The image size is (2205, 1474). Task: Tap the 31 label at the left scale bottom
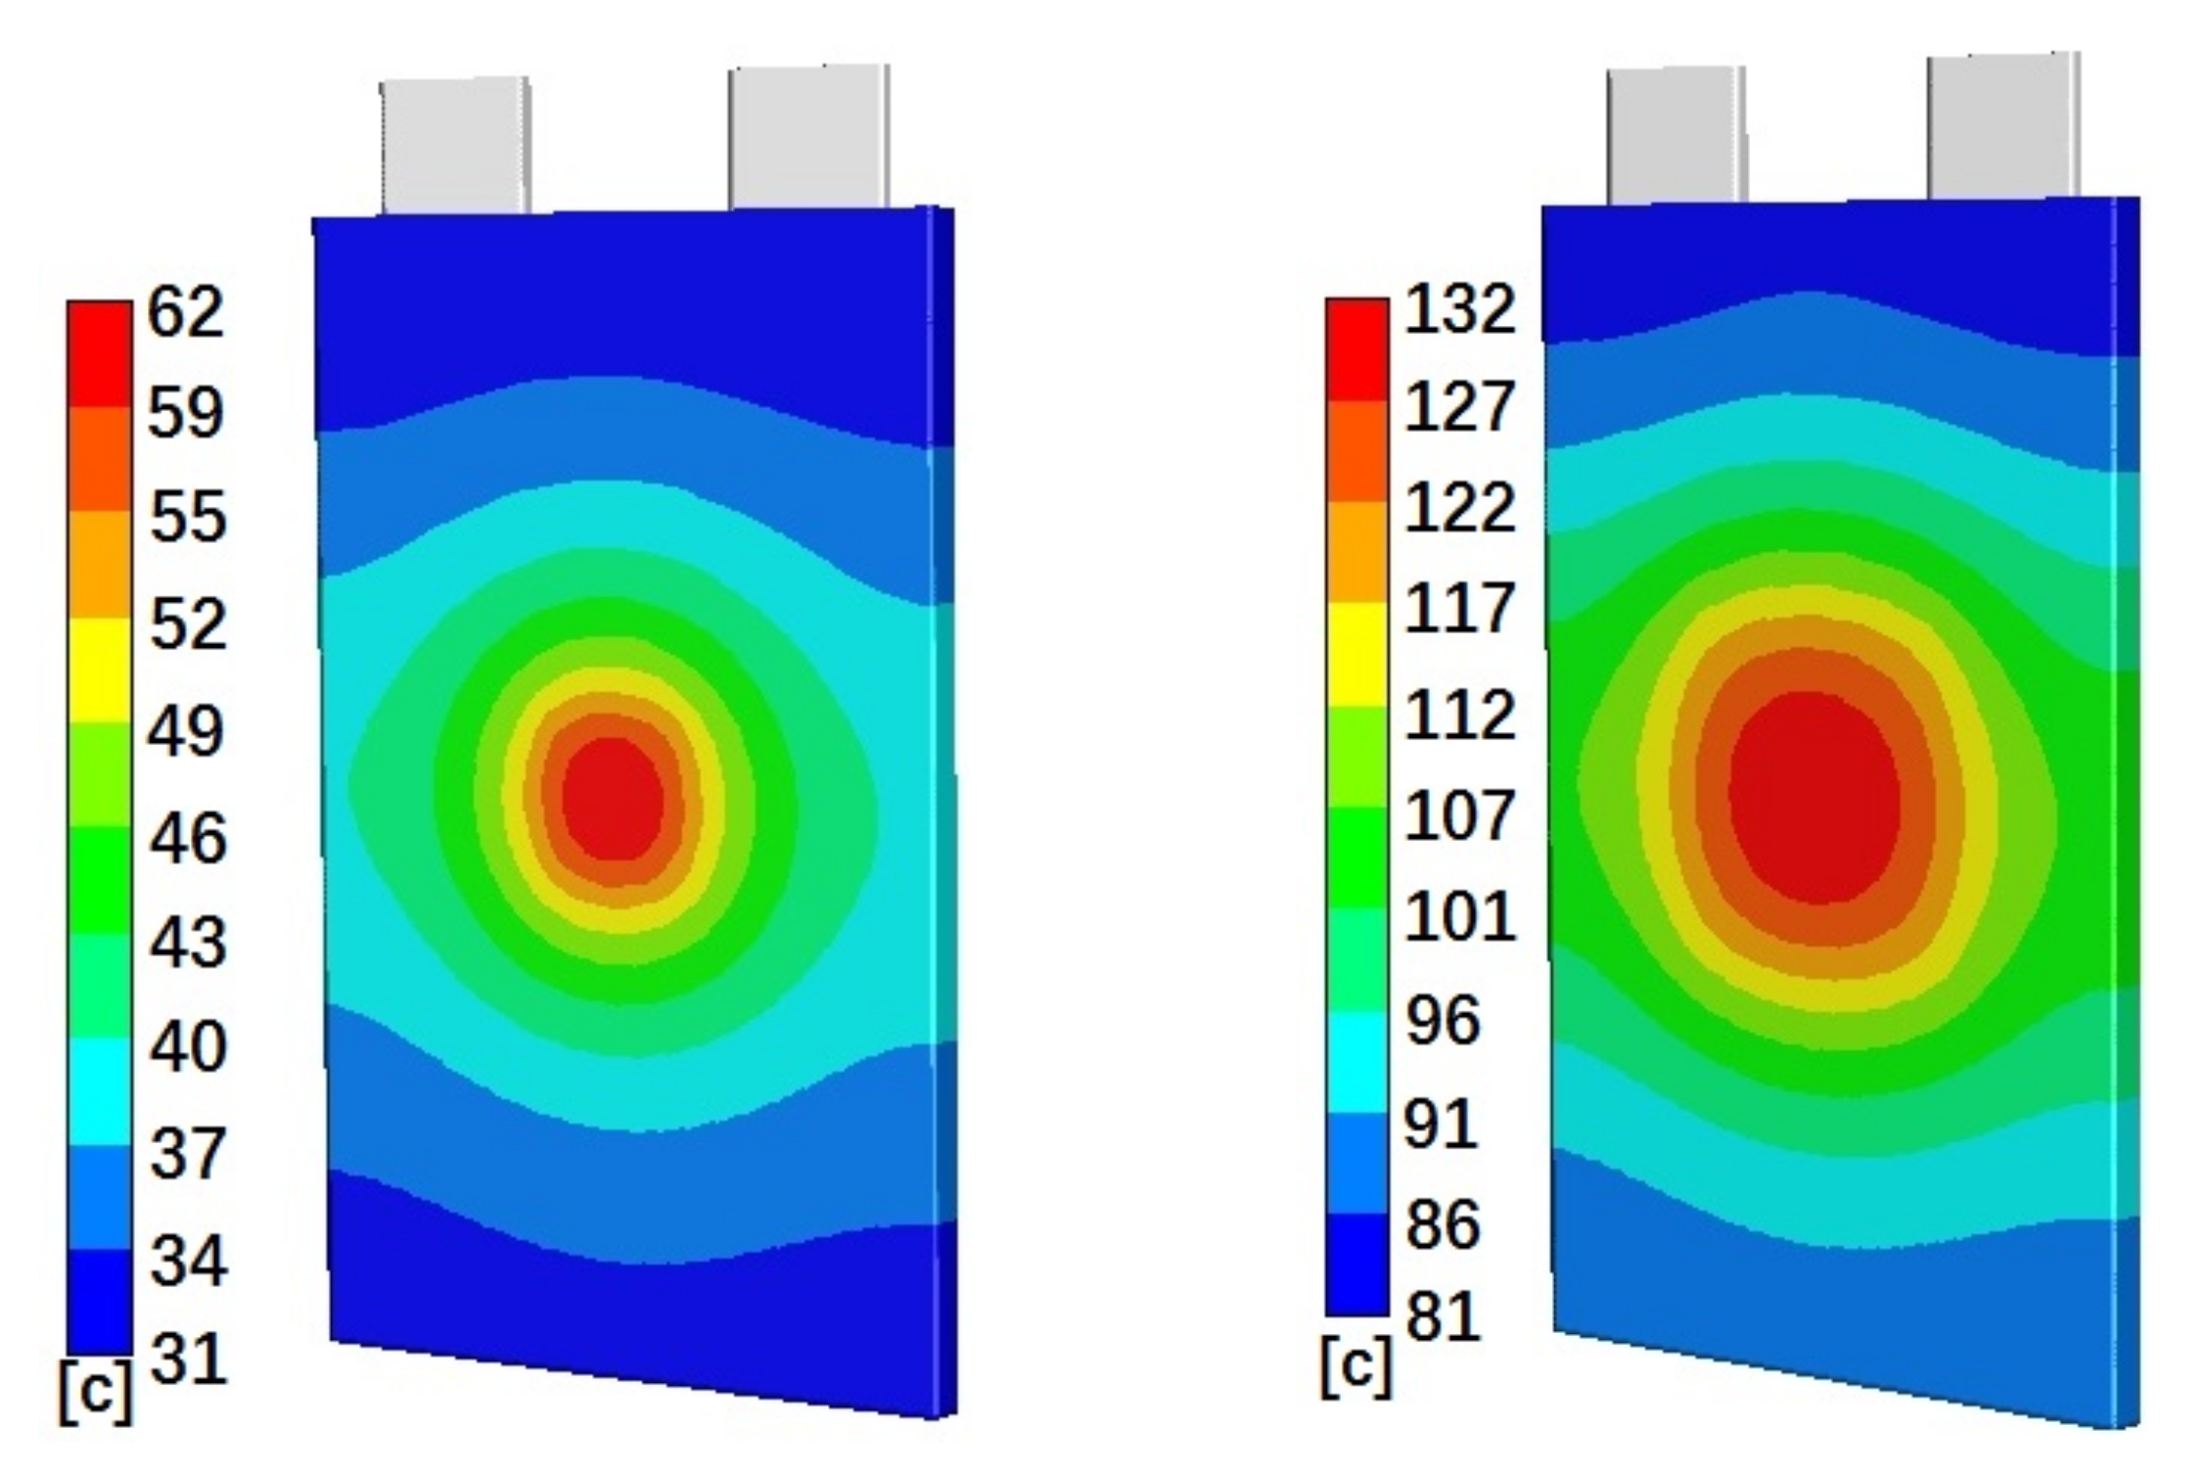(x=188, y=1358)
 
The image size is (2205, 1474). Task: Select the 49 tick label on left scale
(x=186, y=730)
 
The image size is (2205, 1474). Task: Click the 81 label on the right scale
(x=1443, y=1316)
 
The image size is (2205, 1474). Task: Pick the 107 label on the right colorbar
(x=1459, y=815)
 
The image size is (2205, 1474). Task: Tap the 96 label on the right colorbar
(x=1443, y=1020)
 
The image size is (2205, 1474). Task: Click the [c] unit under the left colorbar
(x=95, y=1391)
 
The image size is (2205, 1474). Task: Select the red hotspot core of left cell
(x=614, y=799)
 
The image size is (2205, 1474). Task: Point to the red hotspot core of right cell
(x=1814, y=798)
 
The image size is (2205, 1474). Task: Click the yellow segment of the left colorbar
(x=99, y=669)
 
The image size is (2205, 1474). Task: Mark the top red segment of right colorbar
(x=1356, y=348)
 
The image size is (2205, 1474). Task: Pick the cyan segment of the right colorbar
(x=1356, y=1062)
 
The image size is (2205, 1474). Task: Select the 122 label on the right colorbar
(x=1459, y=509)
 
